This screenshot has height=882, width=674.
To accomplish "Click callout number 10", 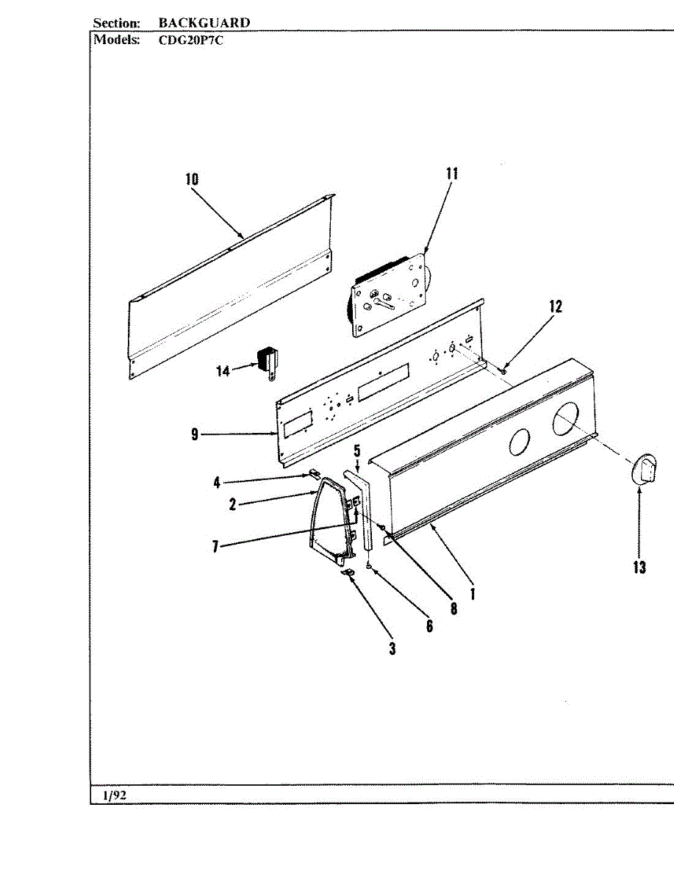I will click(192, 179).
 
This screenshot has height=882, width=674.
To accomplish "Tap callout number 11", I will click(452, 173).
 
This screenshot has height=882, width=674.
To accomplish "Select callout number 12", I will click(556, 306).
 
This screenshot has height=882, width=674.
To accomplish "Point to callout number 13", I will click(639, 567).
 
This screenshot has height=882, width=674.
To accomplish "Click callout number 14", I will click(223, 371).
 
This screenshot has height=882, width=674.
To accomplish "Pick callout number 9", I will click(195, 434).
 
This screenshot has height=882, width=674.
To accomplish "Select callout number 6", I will click(429, 625).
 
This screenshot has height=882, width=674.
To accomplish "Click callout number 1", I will click(472, 593).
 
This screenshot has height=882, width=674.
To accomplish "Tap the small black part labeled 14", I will click(265, 362).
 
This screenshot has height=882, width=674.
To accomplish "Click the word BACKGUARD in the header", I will click(204, 23).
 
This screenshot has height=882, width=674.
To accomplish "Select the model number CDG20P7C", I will click(191, 40).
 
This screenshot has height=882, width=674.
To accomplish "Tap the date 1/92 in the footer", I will click(115, 795).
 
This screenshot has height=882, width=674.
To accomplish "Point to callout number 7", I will click(215, 546).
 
